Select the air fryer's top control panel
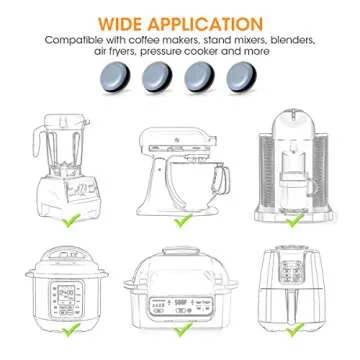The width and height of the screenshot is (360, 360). [297, 268]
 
